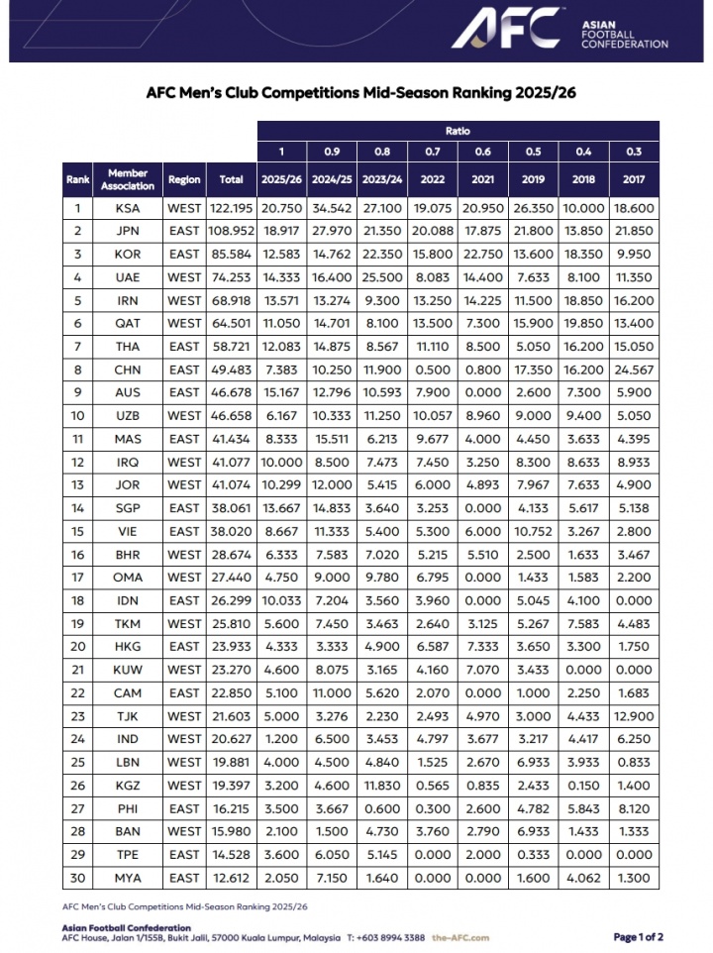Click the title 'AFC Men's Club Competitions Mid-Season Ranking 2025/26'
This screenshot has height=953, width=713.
pos(360,93)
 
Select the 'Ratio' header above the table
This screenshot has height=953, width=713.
pos(458,131)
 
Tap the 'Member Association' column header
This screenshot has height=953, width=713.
pos(128,179)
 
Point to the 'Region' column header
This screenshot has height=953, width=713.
pos(184,179)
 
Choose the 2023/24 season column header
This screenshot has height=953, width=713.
pos(383,179)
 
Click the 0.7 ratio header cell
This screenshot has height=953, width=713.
pos(433,152)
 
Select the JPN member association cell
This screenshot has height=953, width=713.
pos(128,231)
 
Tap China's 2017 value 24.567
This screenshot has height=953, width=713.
pos(634,370)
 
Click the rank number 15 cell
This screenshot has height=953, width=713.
pos(77,531)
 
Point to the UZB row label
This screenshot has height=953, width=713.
pos(128,416)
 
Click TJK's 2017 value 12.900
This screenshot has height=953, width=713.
pos(634,716)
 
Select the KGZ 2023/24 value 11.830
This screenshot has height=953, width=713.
pos(383,786)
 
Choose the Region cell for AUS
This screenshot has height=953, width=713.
pos(184,393)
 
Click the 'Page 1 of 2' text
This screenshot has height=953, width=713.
pos(638,937)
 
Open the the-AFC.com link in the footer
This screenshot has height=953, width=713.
pos(460,937)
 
